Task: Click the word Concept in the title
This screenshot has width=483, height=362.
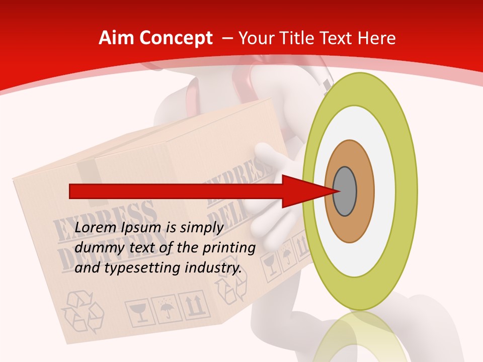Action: [176, 38]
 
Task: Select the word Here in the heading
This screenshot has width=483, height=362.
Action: [376, 38]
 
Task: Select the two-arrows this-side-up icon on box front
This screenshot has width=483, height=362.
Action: [195, 304]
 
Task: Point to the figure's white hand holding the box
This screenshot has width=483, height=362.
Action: [272, 166]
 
